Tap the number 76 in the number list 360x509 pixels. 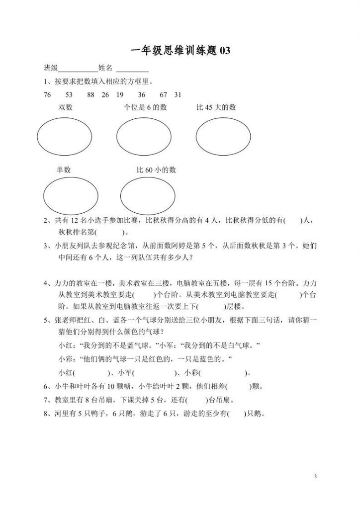coord(47,95)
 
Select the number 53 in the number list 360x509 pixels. coord(69,95)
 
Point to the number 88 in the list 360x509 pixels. coord(90,95)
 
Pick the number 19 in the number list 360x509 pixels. coord(119,95)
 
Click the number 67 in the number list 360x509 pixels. coord(164,95)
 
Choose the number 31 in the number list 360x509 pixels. coord(178,95)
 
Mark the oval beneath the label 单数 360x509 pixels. coord(71,195)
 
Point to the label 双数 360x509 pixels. coord(65,107)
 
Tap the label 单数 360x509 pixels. coord(64,170)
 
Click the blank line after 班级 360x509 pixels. coord(79,69)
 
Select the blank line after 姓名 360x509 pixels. coord(132,69)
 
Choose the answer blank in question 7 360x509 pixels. coord(198,400)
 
